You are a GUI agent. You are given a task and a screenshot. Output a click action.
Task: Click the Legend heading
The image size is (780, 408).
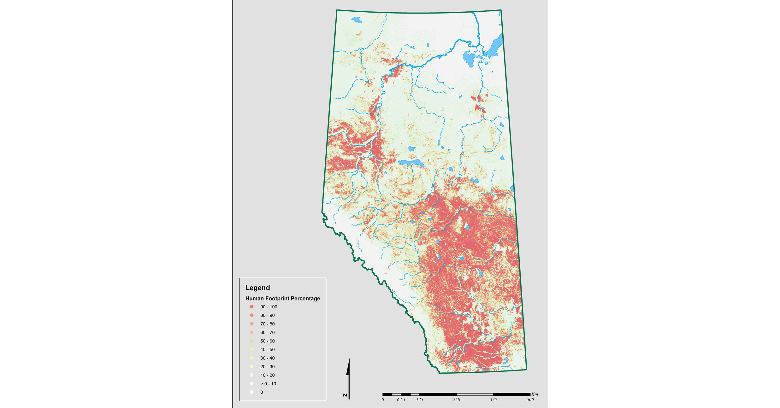click(257, 288)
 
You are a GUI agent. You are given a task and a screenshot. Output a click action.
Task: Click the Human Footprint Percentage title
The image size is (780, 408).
click(282, 298)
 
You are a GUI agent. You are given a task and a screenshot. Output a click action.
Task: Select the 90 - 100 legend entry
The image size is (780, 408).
click(269, 307)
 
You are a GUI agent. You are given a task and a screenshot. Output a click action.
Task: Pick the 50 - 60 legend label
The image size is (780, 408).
click(267, 341)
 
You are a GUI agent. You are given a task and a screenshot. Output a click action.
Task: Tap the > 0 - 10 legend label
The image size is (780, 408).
click(268, 384)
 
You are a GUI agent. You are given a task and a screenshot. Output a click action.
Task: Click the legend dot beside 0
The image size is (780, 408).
click(252, 392)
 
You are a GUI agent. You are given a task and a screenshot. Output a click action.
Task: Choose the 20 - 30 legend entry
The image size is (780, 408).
click(267, 367)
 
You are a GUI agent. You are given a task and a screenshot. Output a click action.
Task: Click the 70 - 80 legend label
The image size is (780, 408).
click(267, 324)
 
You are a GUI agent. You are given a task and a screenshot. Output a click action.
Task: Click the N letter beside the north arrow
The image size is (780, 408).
click(345, 395)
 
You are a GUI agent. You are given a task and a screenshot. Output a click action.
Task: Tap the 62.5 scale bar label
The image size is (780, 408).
click(401, 399)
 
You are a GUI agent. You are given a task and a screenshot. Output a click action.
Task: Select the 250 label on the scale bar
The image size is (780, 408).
click(456, 399)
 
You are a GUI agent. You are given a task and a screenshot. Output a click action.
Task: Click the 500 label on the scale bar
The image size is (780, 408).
click(530, 399)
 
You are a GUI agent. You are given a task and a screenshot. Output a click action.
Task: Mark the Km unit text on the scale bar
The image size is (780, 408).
click(535, 394)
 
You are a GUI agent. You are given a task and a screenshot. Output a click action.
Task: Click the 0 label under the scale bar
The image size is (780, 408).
click(383, 399)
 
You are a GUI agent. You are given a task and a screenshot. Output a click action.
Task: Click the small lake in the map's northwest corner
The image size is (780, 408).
click(357, 20)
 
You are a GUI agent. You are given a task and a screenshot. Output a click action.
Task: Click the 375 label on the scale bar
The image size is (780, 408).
click(493, 399)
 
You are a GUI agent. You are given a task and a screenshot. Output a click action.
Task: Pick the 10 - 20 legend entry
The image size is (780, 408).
click(267, 375)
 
